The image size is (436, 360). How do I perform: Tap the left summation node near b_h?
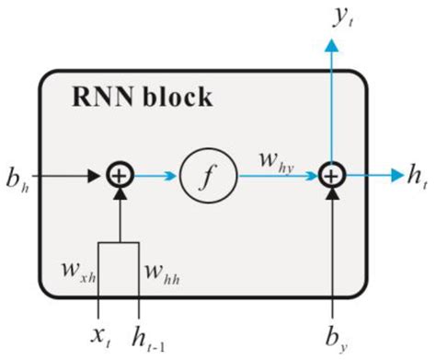tap(120, 171)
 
